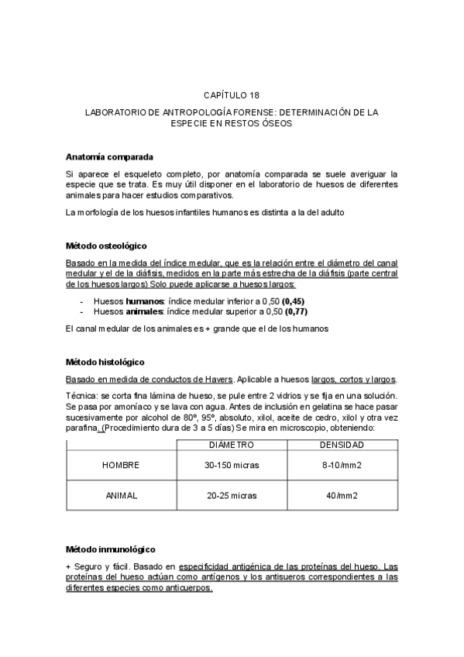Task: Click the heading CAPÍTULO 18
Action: pyautogui.click(x=232, y=95)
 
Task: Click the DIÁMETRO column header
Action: pyautogui.click(x=232, y=445)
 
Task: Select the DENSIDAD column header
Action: pyautogui.click(x=342, y=445)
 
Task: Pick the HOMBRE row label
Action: pyautogui.click(x=121, y=465)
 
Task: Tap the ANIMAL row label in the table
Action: pyautogui.click(x=121, y=495)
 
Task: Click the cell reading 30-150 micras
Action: pyautogui.click(x=232, y=465)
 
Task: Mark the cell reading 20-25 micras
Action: pyautogui.click(x=232, y=495)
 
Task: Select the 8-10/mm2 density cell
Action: pyautogui.click(x=342, y=465)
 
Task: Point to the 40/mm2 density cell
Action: pyautogui.click(x=342, y=495)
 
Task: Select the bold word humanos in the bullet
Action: pyautogui.click(x=143, y=300)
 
